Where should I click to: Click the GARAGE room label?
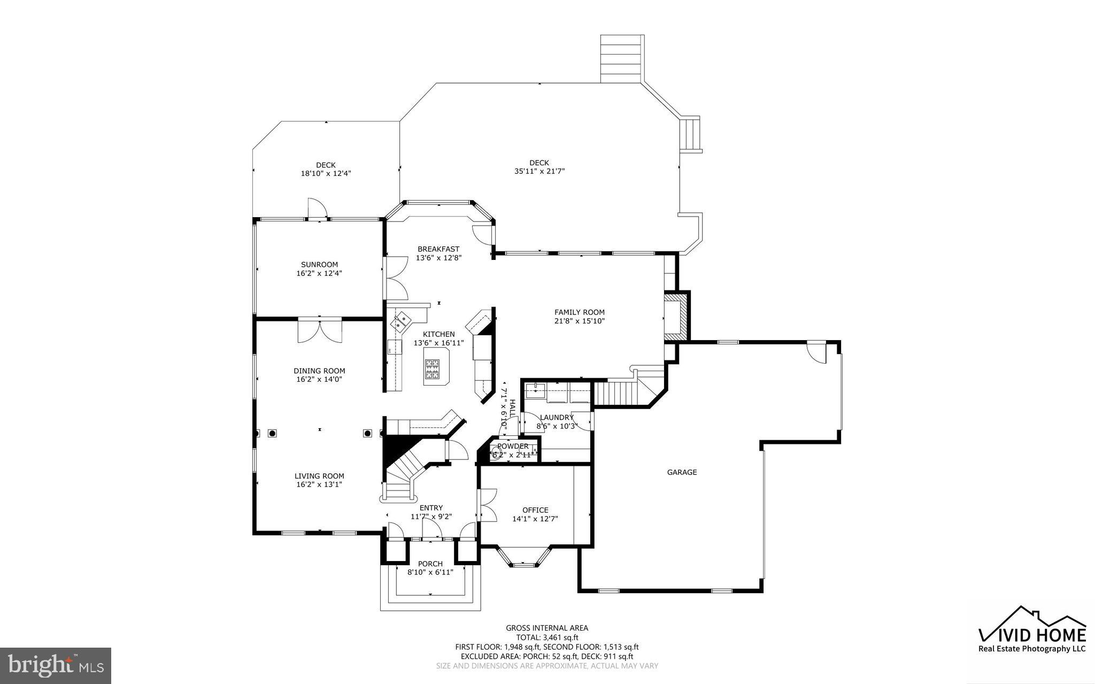point(682,472)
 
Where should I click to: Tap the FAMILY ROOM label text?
point(579,312)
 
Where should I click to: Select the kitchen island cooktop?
point(432,369)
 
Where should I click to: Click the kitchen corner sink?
point(401,322)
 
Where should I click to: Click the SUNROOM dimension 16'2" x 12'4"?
point(319,273)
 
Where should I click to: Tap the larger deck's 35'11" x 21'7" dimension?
point(539,172)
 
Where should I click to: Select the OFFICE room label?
point(535,510)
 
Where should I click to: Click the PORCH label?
point(430,564)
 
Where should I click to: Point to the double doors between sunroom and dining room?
point(320,330)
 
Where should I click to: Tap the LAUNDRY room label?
point(557,418)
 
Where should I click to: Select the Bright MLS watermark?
point(56,665)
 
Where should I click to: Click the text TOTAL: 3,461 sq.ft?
point(547,637)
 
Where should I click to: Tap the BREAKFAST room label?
point(438,249)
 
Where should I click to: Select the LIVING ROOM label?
point(319,476)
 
